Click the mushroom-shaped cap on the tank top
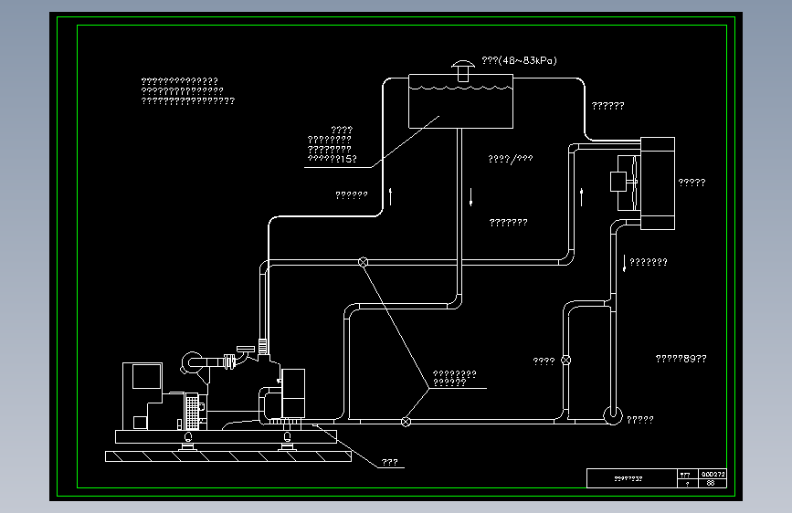coord(463,67)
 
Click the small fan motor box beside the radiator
coord(621,181)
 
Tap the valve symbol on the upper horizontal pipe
coord(363,263)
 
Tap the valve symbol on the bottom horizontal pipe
coord(406,421)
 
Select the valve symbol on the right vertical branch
coord(565,360)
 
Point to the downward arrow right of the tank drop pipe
coord(472,195)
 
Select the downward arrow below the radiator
coord(625,264)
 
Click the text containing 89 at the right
coord(681,359)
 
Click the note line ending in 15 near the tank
coord(330,159)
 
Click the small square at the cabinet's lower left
coord(140,422)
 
